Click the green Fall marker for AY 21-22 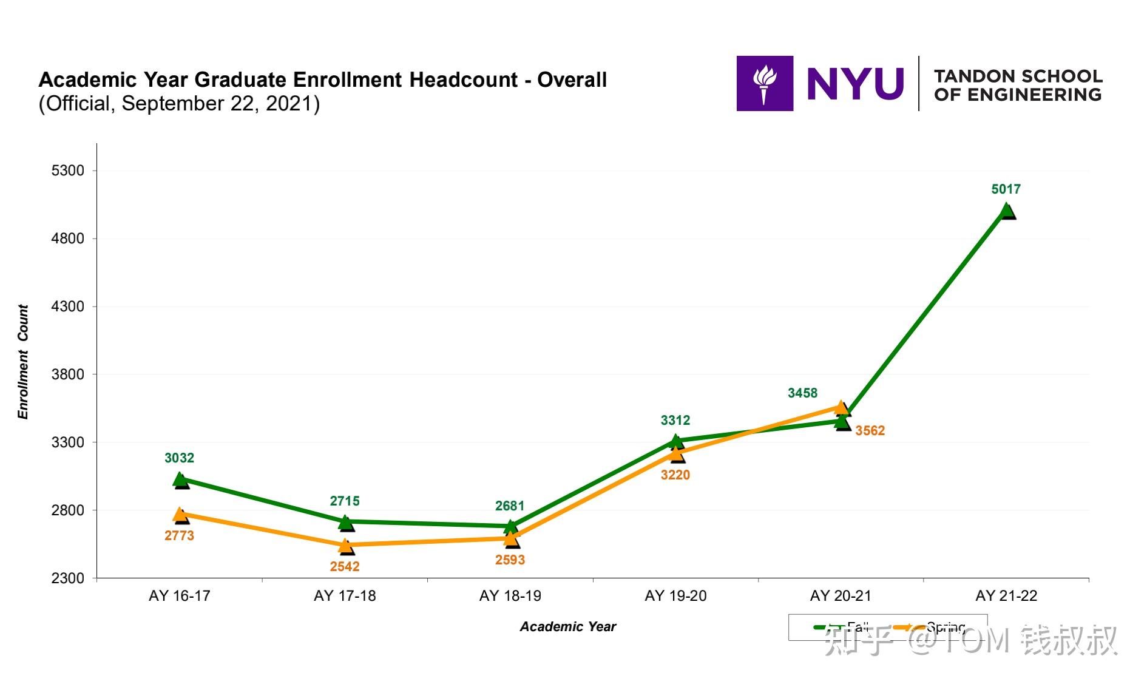1006,211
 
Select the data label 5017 1006,189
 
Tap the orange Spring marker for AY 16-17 180,515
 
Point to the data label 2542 345,566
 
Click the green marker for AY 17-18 345,521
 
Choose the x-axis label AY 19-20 675,596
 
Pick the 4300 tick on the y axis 67,306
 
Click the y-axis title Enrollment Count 23,362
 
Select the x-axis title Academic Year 567,627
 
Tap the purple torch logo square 765,84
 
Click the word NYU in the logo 855,84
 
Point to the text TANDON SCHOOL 1018,76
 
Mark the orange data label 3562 870,431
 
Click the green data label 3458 802,393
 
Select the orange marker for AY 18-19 511,538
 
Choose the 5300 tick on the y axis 67,171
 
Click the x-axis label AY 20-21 841,596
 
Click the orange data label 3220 675,475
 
